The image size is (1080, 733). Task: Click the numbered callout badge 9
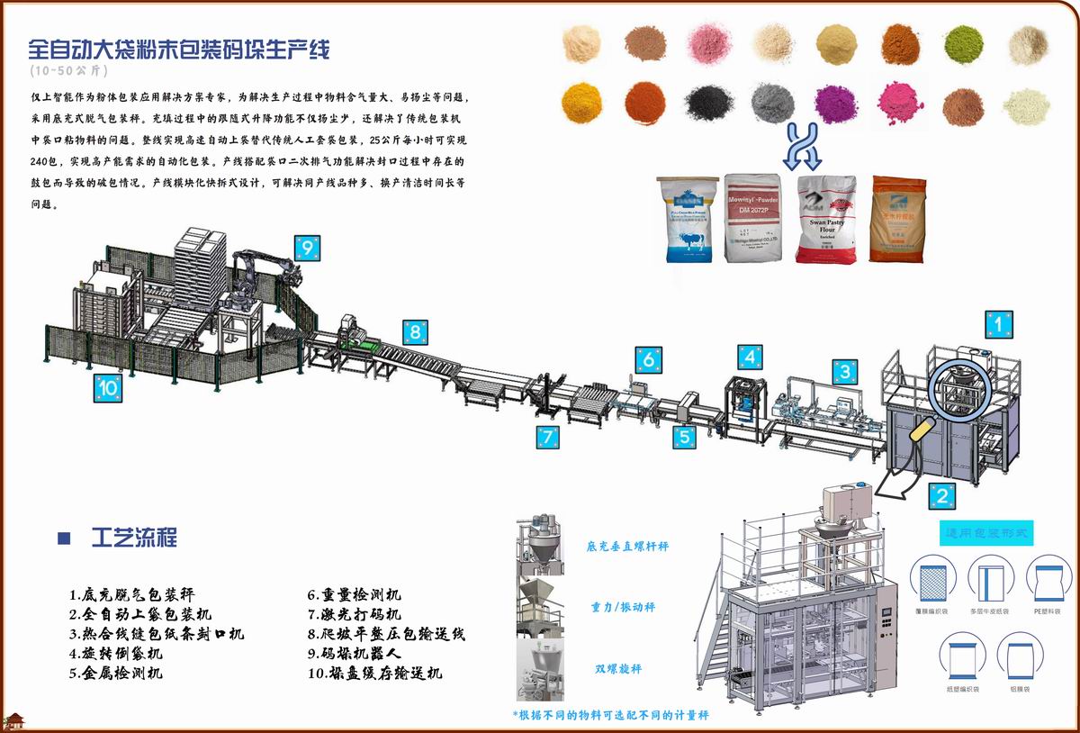[x=307, y=246]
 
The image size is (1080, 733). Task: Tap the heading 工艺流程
[x=134, y=538]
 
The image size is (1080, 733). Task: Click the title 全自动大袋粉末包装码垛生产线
[x=179, y=49]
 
